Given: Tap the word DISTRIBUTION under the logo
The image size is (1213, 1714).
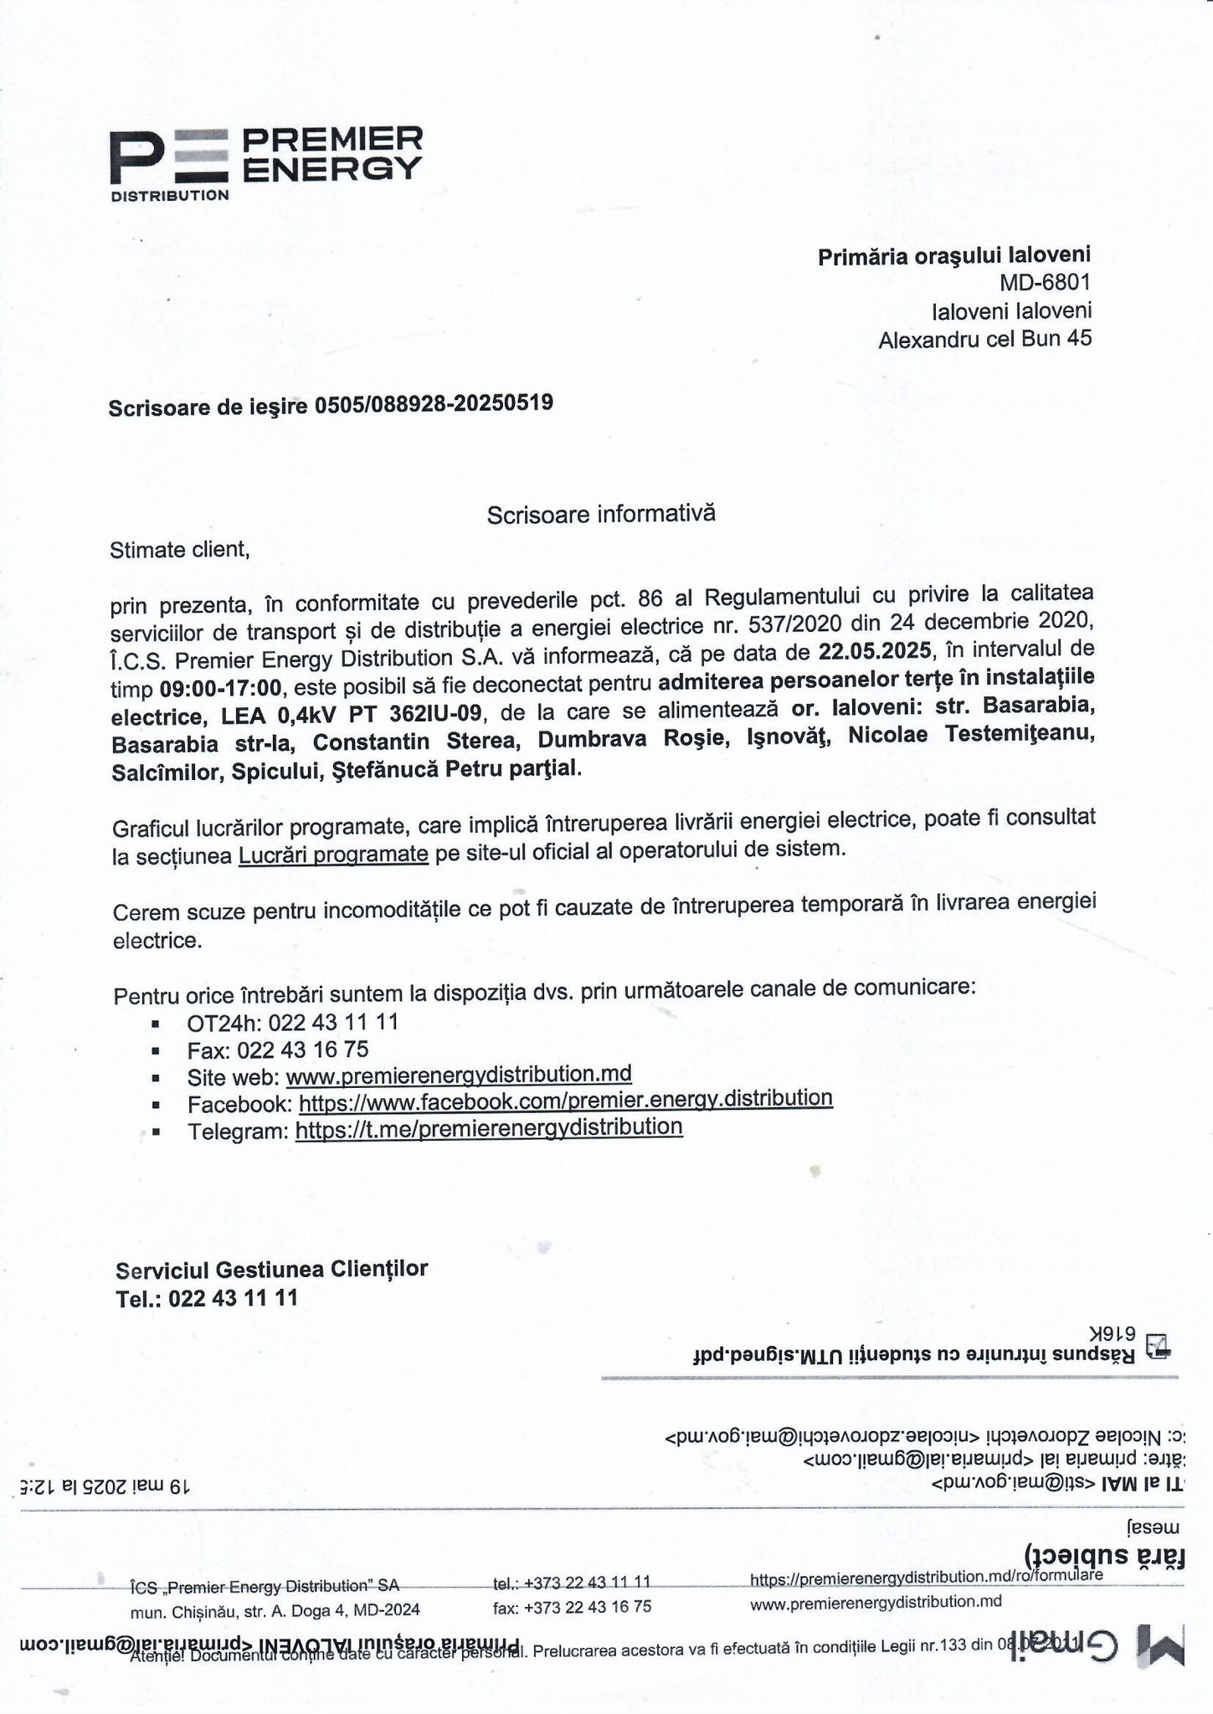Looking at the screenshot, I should coord(170,196).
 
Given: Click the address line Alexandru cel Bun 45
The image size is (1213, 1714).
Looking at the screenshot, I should coord(984,339).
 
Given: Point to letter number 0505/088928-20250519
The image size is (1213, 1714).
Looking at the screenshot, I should coord(433,403).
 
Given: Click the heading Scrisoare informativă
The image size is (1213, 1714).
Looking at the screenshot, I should coord(601,513).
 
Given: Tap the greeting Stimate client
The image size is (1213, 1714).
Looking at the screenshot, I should coord(179,550).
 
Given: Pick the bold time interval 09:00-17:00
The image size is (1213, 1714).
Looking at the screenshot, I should coord(220,688).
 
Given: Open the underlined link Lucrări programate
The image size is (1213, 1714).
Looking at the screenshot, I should coord(333,855).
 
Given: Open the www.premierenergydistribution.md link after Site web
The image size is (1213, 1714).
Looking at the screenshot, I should coord(459,1074).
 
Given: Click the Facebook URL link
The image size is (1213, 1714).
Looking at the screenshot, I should coord(565,1100).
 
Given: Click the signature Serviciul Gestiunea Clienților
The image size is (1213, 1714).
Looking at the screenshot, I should coord(271,1269).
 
